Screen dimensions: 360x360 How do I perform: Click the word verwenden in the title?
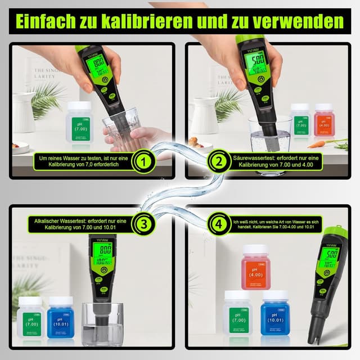(301, 21)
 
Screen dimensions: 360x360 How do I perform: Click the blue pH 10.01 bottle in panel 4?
(275, 313)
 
